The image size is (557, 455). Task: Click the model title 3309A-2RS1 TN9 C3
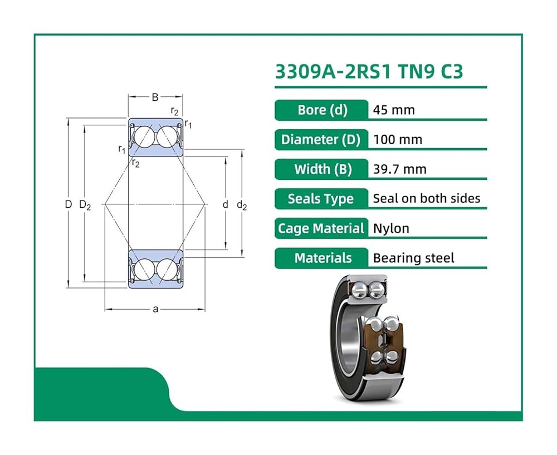pyautogui.click(x=369, y=71)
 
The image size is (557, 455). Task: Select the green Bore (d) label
pyautogui.click(x=322, y=110)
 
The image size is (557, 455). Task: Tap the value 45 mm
pyautogui.click(x=394, y=110)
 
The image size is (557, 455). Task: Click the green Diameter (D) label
pyautogui.click(x=322, y=140)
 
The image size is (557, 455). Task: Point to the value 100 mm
pyautogui.click(x=398, y=140)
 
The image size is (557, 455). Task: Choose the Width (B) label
pyautogui.click(x=322, y=169)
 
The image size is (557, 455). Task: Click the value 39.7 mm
pyautogui.click(x=399, y=169)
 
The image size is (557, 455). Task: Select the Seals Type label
pyautogui.click(x=322, y=199)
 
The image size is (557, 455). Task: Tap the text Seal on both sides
pyautogui.click(x=426, y=198)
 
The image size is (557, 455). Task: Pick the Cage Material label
pyautogui.click(x=322, y=228)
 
